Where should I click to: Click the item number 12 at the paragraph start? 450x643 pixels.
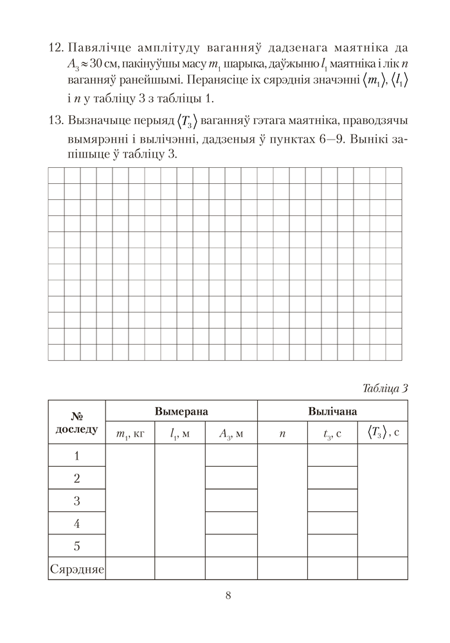pos(57,49)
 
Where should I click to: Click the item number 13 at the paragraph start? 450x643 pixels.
pos(57,122)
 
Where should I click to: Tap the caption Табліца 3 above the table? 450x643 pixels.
pos(385,387)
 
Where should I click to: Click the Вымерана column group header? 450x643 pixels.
pos(181,411)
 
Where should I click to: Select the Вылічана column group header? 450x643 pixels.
pos(332,411)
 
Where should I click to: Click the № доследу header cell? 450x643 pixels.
pos(76,422)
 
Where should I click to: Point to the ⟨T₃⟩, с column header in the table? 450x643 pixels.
pos(383,433)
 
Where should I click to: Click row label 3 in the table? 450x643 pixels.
pos(76,501)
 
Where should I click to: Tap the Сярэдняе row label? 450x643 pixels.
pos(76,568)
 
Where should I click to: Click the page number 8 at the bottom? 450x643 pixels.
pos(228,594)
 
